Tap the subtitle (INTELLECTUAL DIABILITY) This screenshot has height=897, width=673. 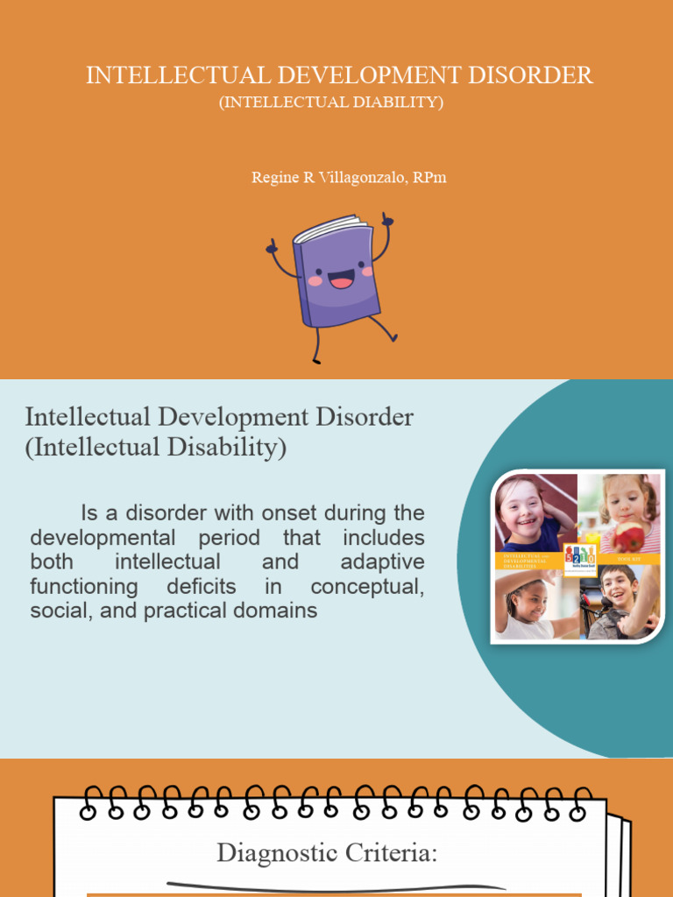coord(331,102)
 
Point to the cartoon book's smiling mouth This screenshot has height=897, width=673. coord(342,280)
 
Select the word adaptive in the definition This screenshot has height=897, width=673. coord(382,562)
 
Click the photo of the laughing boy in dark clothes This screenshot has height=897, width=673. coord(620,603)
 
